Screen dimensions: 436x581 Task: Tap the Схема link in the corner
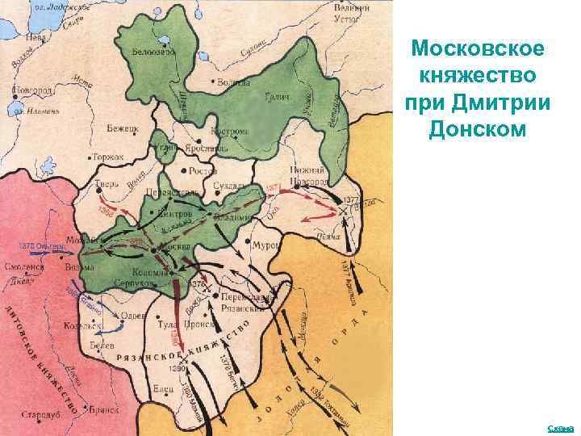click(560, 428)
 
